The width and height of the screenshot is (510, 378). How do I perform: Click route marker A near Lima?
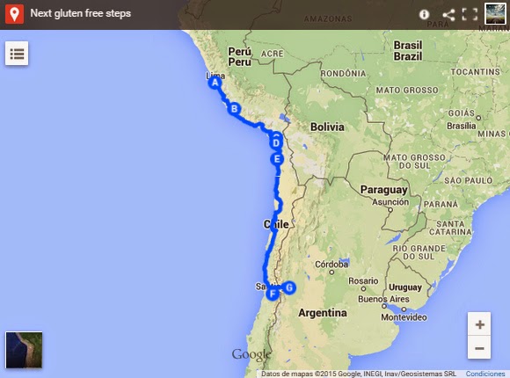click(x=215, y=84)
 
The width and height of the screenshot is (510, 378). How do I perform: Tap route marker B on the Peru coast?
click(x=234, y=109)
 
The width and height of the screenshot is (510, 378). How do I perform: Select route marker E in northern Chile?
click(x=277, y=159)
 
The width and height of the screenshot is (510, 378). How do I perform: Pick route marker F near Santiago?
click(x=273, y=293)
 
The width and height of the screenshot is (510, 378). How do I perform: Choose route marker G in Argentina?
click(x=289, y=287)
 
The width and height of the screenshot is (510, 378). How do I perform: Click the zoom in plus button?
click(x=479, y=324)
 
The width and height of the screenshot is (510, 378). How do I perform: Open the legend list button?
click(x=17, y=53)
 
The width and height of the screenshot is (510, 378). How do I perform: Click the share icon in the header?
click(x=448, y=14)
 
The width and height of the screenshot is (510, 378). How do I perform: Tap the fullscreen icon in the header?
click(x=470, y=14)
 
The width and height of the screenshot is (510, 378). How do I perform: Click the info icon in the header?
click(x=425, y=14)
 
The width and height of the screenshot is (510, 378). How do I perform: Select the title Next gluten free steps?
click(x=81, y=14)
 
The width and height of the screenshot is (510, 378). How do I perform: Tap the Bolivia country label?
click(x=326, y=127)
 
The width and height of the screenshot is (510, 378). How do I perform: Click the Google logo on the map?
click(x=251, y=354)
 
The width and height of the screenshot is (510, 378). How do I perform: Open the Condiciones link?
click(x=485, y=374)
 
